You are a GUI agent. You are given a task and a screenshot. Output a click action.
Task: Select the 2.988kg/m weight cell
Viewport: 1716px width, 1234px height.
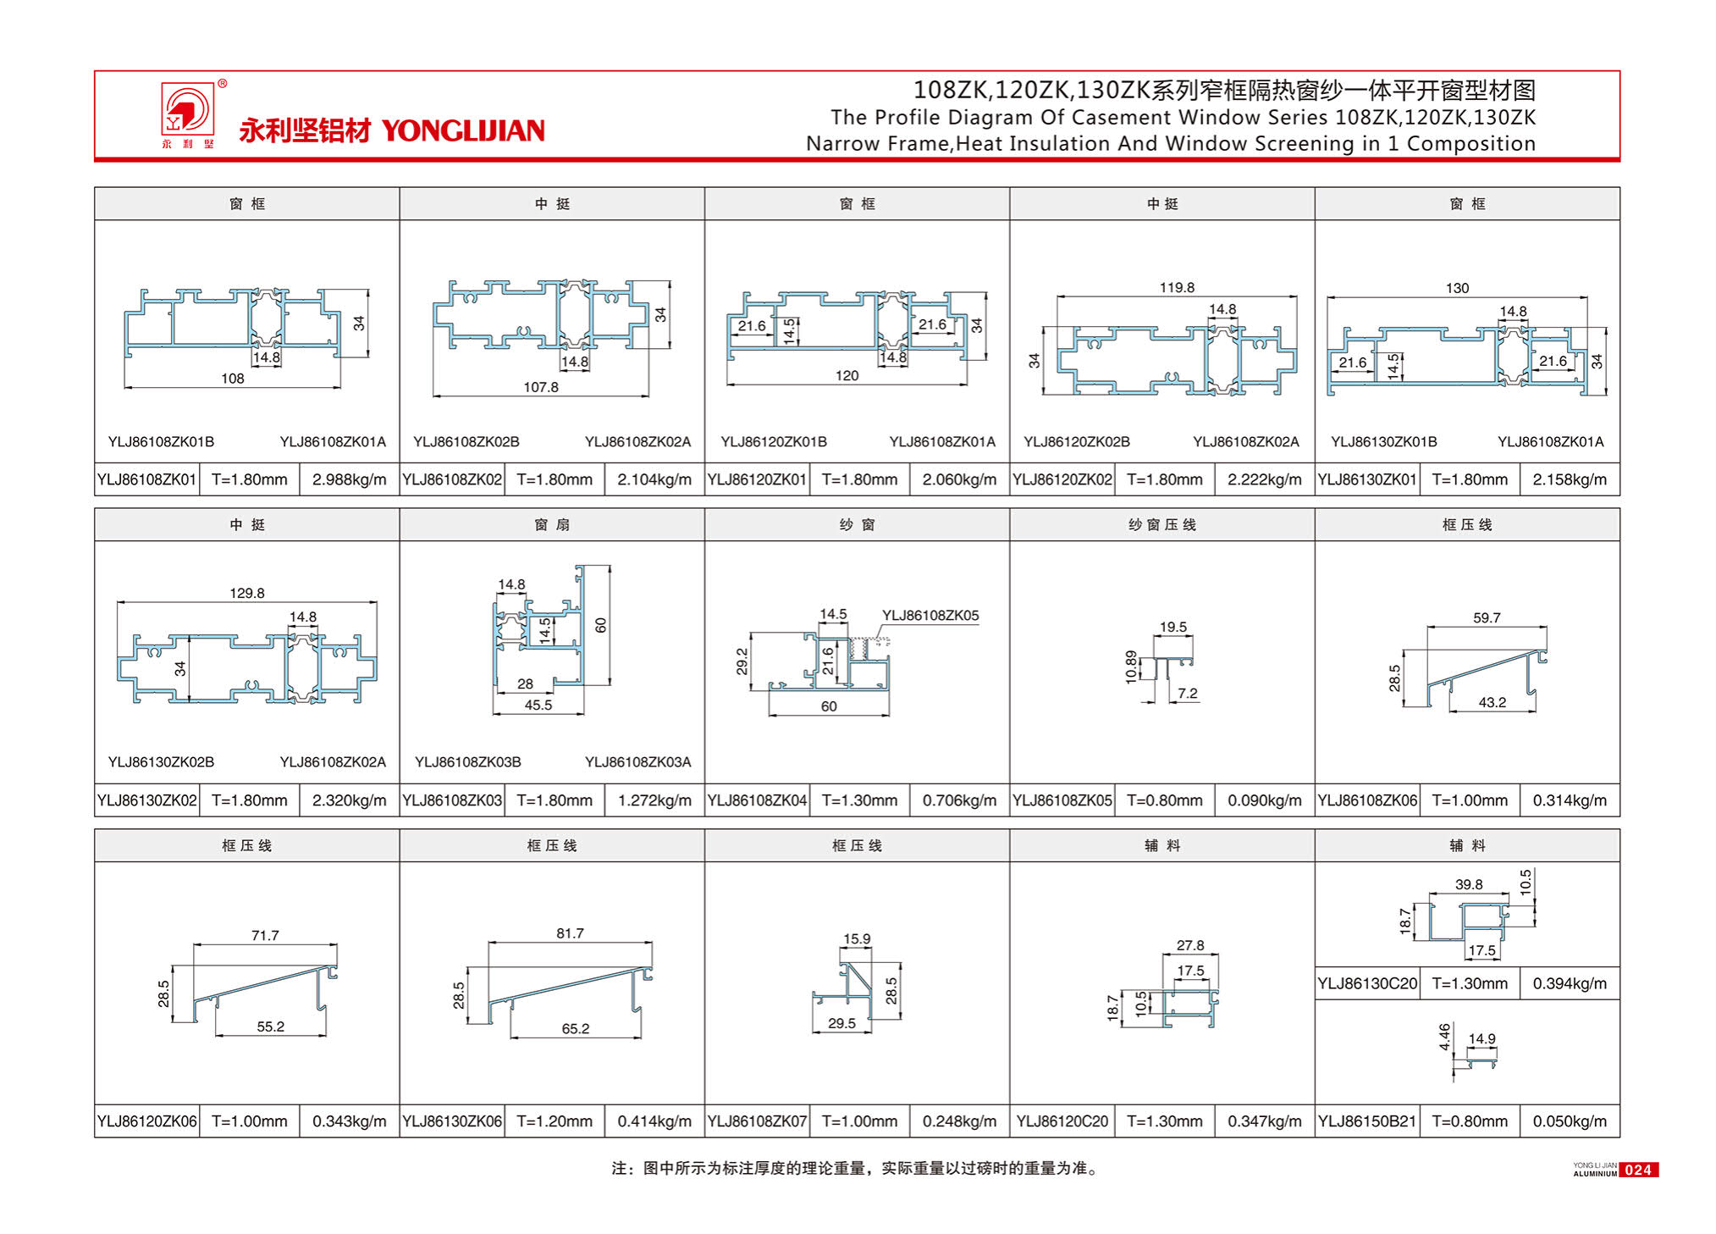(349, 479)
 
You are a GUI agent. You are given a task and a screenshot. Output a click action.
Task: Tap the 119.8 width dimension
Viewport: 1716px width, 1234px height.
(1176, 288)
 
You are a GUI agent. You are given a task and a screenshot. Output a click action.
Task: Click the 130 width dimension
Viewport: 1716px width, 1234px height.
(1456, 288)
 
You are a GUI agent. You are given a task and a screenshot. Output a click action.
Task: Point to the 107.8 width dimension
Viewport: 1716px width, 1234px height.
(540, 387)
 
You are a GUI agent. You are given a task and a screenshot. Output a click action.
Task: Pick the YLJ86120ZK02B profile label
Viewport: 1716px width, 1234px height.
(1076, 442)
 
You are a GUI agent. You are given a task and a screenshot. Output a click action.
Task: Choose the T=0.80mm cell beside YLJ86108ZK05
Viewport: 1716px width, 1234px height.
(1164, 800)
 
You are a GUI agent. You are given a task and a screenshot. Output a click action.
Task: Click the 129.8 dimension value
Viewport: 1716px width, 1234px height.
(246, 593)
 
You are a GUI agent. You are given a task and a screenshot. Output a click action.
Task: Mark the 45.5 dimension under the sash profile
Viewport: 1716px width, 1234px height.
(538, 705)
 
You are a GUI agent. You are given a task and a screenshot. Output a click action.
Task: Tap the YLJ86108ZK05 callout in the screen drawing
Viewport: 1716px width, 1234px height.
(930, 616)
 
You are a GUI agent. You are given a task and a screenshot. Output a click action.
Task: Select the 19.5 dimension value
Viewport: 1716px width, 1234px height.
(1173, 627)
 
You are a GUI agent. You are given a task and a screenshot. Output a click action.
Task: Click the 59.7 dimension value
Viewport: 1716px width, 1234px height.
(1486, 617)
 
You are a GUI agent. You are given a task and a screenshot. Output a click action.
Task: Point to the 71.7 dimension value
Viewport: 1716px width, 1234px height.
(264, 935)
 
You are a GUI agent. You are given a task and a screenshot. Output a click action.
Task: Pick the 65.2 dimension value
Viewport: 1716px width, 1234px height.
(575, 1028)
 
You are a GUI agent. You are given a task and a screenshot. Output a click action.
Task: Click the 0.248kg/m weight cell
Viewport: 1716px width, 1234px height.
(959, 1121)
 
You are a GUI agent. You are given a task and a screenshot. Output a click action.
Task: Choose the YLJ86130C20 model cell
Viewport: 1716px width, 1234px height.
(1366, 983)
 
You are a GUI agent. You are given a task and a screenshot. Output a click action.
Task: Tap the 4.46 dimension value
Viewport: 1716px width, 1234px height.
(1444, 1037)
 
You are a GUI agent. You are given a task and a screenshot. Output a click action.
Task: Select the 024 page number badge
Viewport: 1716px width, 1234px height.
(1637, 1170)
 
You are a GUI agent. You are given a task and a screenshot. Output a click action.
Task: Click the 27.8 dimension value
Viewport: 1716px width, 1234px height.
(1189, 945)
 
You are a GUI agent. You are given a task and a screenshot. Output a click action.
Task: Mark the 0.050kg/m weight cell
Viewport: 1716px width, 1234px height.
(1569, 1121)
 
